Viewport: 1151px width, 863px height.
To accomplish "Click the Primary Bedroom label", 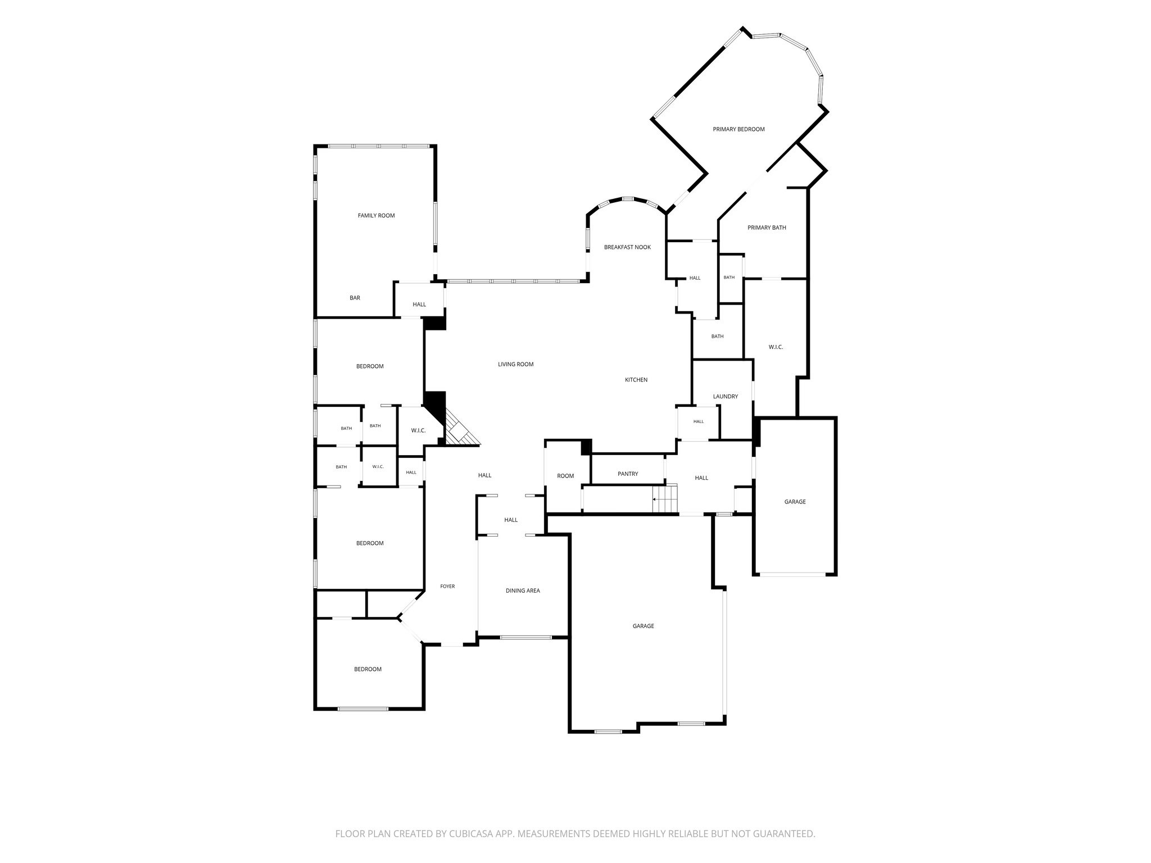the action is click(x=738, y=129).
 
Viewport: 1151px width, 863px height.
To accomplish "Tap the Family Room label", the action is click(x=376, y=216).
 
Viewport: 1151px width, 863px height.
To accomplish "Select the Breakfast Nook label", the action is click(x=627, y=247).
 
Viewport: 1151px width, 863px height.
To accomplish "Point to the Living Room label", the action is click(x=515, y=365).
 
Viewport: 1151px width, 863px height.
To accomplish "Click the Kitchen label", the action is click(x=636, y=380).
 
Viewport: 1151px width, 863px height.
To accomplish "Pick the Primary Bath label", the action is click(x=767, y=228).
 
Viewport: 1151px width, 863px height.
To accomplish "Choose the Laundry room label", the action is click(x=726, y=397).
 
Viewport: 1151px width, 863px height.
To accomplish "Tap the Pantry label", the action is click(x=628, y=474).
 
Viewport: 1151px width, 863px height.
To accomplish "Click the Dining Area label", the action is click(x=523, y=591).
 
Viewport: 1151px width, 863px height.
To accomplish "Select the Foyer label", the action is click(x=447, y=587).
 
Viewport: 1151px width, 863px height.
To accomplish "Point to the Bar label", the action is click(x=355, y=298).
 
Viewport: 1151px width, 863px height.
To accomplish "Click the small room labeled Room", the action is click(x=565, y=476).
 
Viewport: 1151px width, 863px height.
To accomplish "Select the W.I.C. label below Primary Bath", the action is click(x=776, y=348).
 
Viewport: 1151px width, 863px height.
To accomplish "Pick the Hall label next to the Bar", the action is click(x=419, y=305).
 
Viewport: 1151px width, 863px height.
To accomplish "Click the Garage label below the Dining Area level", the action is click(x=643, y=626).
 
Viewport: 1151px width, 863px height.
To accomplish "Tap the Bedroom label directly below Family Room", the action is click(x=370, y=367).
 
